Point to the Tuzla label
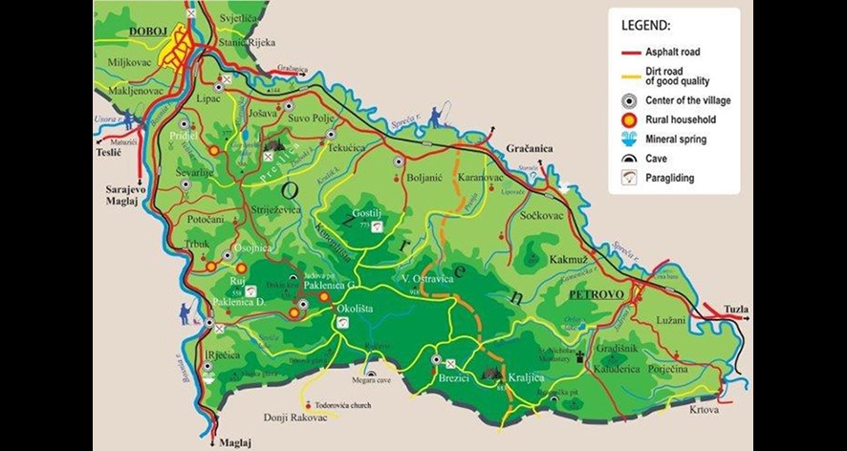click(x=736, y=310)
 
